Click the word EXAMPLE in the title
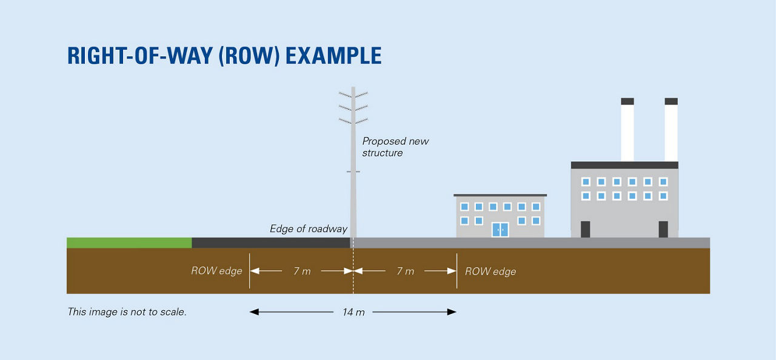tap(333, 56)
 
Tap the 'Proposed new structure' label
tap(395, 147)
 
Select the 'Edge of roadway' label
tap(309, 229)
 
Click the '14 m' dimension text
tap(353, 312)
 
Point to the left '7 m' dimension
tap(302, 271)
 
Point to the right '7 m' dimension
tap(406, 271)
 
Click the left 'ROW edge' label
tap(216, 271)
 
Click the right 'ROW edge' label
tap(490, 272)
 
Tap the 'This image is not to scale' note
tap(127, 312)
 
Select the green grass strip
tap(129, 242)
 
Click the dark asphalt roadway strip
tap(271, 242)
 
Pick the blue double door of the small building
tap(500, 230)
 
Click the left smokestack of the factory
tap(627, 130)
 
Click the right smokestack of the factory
tap(671, 130)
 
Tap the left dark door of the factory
tap(586, 229)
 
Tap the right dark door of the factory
tap(663, 229)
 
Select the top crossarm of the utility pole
tap(353, 95)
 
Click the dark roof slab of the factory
tap(624, 165)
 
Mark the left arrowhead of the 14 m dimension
tap(254, 312)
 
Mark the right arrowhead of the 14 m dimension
tap(452, 312)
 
